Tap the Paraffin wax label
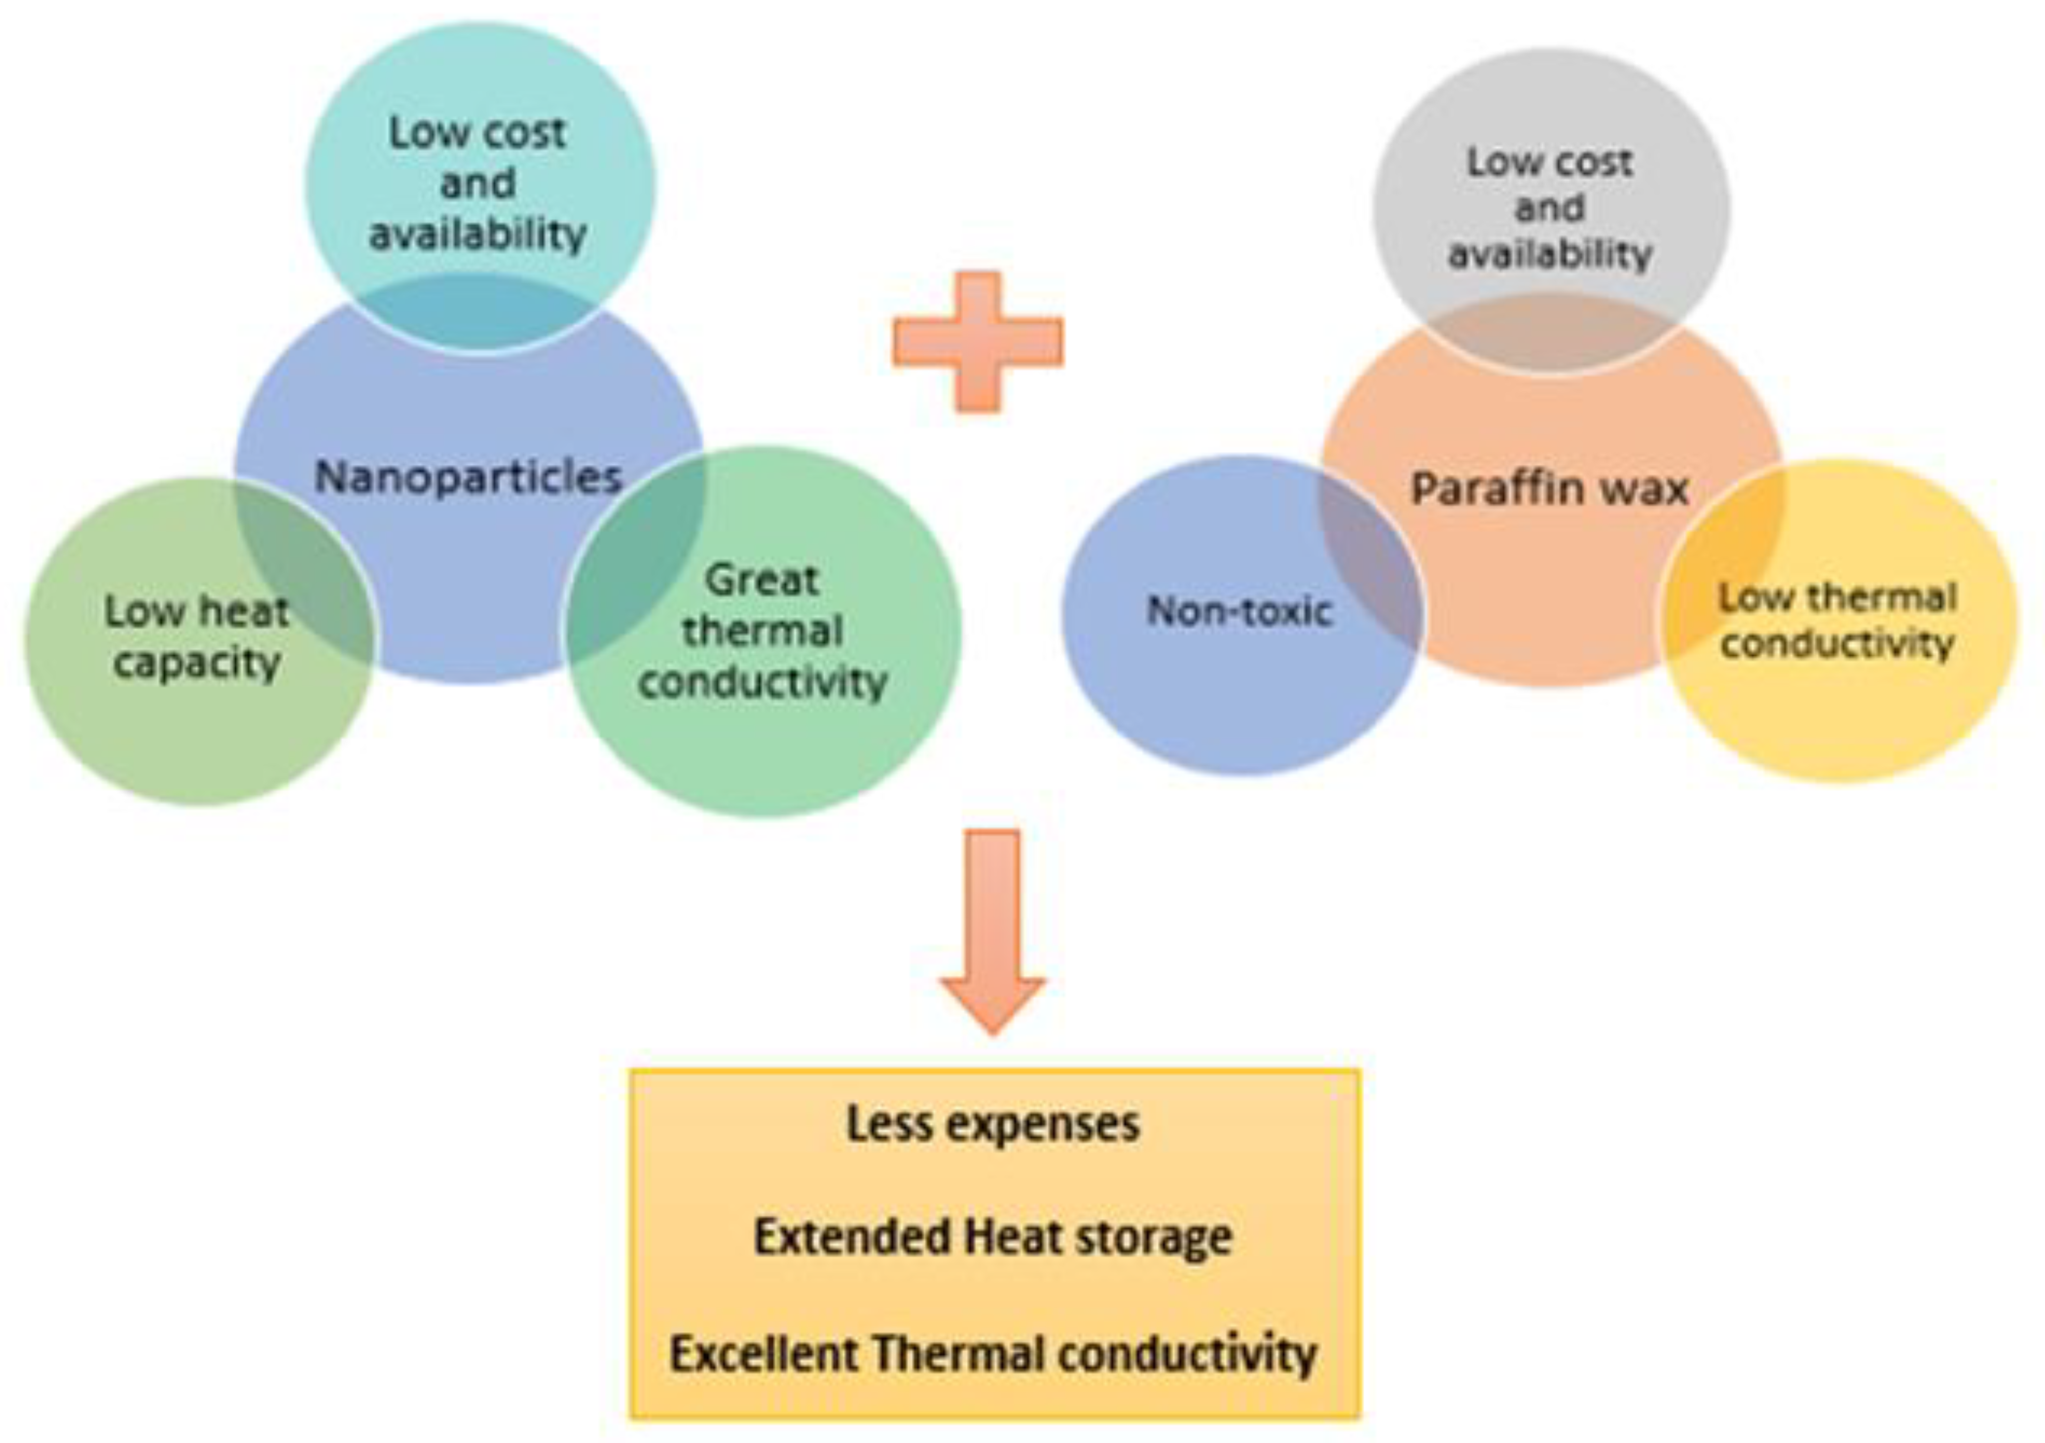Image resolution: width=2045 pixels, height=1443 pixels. click(x=1550, y=489)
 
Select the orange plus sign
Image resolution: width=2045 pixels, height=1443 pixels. click(x=978, y=342)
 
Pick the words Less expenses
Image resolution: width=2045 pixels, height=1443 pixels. click(x=993, y=1124)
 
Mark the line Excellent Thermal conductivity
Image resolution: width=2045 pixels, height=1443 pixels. click(x=993, y=1354)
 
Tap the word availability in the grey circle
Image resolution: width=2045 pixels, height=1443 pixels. click(x=1550, y=255)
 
